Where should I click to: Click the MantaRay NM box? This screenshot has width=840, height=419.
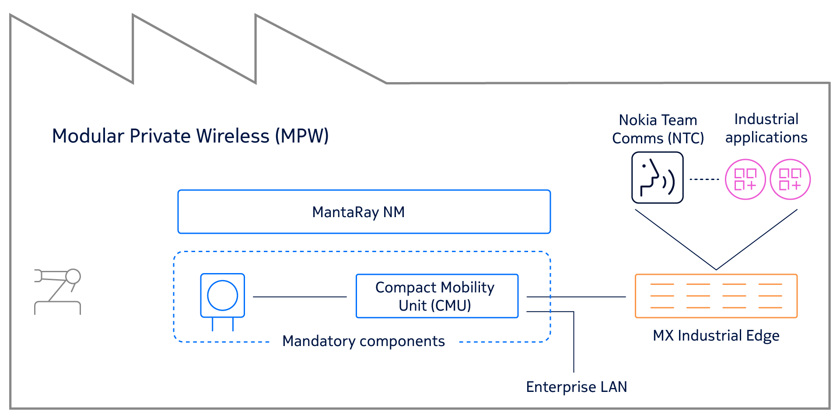coord(364,212)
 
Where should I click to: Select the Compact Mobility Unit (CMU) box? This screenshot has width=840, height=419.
coord(437,296)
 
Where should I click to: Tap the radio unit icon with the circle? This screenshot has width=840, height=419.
coord(222,295)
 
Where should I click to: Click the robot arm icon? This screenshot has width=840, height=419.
coord(58,291)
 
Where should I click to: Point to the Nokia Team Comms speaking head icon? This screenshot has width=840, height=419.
coord(657,178)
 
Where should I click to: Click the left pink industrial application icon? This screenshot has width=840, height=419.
coord(745,179)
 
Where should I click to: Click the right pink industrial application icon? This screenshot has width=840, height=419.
coord(790,179)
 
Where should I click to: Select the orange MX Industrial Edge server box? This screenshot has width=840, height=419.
coord(716,296)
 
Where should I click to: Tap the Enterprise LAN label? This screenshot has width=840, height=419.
coord(576,387)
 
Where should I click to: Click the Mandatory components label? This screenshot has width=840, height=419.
coord(363,341)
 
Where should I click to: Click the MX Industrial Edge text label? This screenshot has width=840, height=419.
coord(716,336)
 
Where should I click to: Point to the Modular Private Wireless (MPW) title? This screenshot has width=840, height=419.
coord(190,136)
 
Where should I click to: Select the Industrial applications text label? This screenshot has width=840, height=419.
coord(766,128)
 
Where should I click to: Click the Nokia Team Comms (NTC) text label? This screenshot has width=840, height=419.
coord(658,129)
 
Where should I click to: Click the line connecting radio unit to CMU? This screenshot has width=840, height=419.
coord(300,297)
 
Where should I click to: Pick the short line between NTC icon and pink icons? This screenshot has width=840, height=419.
coord(704,179)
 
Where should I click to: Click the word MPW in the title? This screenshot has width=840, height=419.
coord(302,136)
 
